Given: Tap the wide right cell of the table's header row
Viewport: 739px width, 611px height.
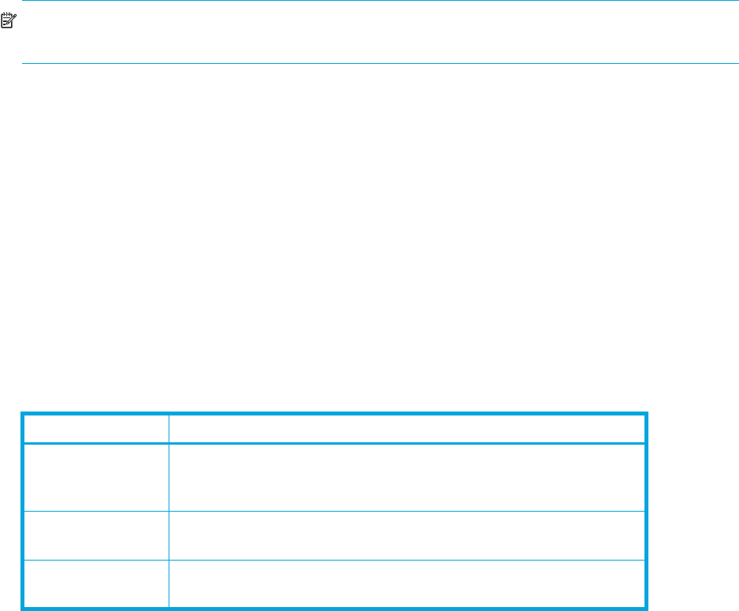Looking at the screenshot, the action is point(407,428).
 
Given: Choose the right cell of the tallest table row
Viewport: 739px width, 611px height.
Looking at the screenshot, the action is point(407,478).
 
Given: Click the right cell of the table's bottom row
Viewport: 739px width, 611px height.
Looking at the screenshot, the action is point(407,584).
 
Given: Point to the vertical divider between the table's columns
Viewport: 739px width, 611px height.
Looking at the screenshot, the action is point(169,512).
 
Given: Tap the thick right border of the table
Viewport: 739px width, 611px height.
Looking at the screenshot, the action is point(645,512).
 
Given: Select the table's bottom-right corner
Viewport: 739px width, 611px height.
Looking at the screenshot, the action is point(645,608).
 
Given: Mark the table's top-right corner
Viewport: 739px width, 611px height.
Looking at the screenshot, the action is point(645,414).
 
